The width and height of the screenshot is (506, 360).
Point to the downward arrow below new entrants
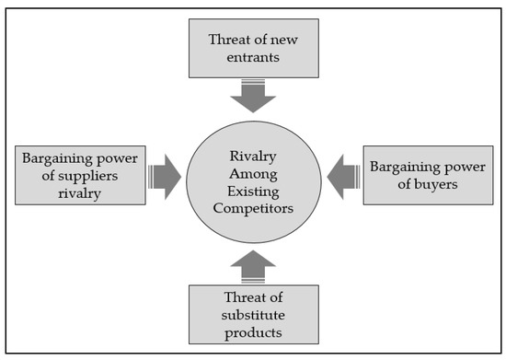(x=253, y=95)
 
